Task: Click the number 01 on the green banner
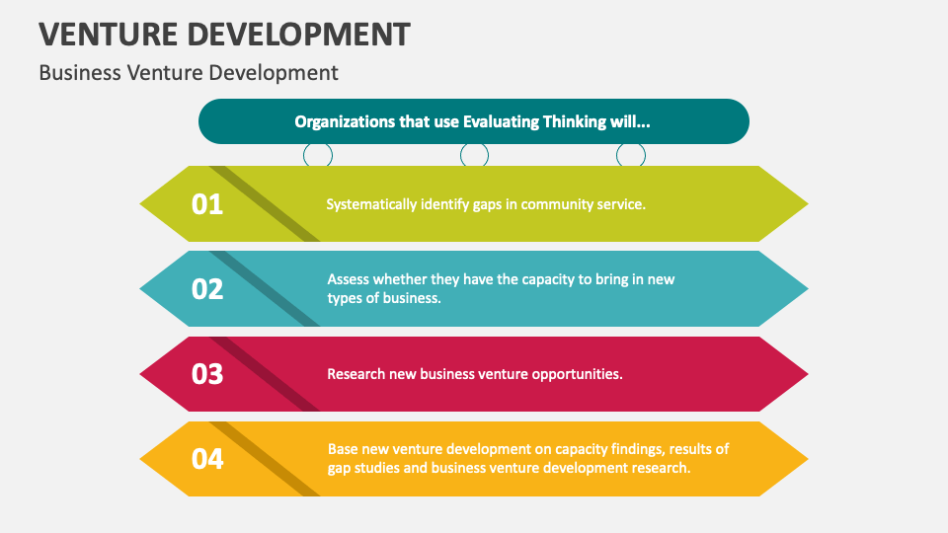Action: point(207,204)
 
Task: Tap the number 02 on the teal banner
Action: point(207,289)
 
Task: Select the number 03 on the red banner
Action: point(207,374)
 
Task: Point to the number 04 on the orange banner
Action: point(207,459)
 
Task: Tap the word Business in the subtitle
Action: point(79,73)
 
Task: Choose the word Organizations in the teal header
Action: point(343,122)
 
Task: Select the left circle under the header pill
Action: point(317,155)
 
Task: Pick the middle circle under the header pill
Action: point(474,155)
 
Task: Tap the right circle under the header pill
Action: point(631,155)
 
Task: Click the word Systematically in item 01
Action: point(371,204)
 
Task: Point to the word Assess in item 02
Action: point(350,279)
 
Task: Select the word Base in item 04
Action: point(344,449)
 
